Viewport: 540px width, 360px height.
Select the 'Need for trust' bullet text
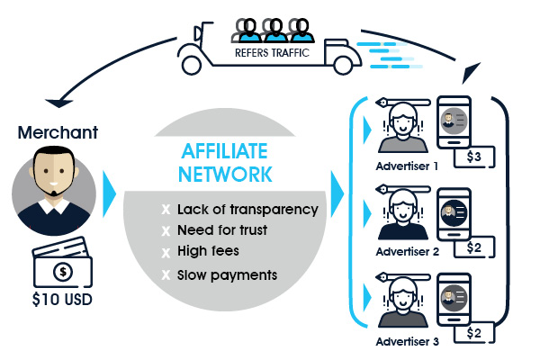pyautogui.click(x=222, y=229)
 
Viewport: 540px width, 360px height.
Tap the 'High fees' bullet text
pyautogui.click(x=210, y=251)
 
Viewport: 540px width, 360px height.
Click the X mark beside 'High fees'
pyautogui.click(x=165, y=252)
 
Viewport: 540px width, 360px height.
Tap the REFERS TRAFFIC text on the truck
pyautogui.click(x=273, y=53)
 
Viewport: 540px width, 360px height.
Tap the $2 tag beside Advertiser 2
pyautogui.click(x=474, y=247)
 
